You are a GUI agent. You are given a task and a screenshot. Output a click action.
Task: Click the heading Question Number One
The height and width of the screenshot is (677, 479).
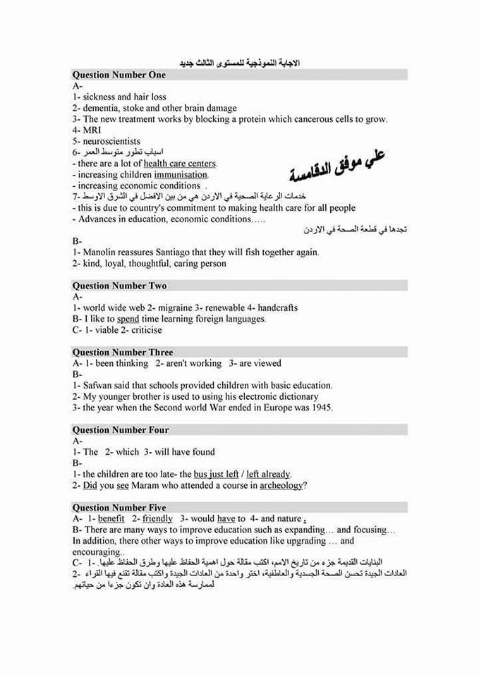(119, 75)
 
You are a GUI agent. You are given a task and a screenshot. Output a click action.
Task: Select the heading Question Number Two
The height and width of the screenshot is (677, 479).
(119, 286)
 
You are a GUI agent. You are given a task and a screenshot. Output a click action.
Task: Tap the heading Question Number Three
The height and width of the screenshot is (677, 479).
(123, 352)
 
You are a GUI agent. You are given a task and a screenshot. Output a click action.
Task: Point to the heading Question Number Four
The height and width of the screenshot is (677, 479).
(121, 429)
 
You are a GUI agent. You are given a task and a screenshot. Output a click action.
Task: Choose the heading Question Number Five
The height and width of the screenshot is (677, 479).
(119, 507)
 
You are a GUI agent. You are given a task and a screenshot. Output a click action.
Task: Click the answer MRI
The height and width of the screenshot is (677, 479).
(92, 130)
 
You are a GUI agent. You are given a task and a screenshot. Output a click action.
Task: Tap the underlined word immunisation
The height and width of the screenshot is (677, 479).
(181, 174)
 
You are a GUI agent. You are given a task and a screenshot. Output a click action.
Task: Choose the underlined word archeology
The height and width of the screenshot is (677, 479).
(281, 485)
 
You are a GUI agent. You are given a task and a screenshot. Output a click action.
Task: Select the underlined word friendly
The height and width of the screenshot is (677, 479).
(157, 518)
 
